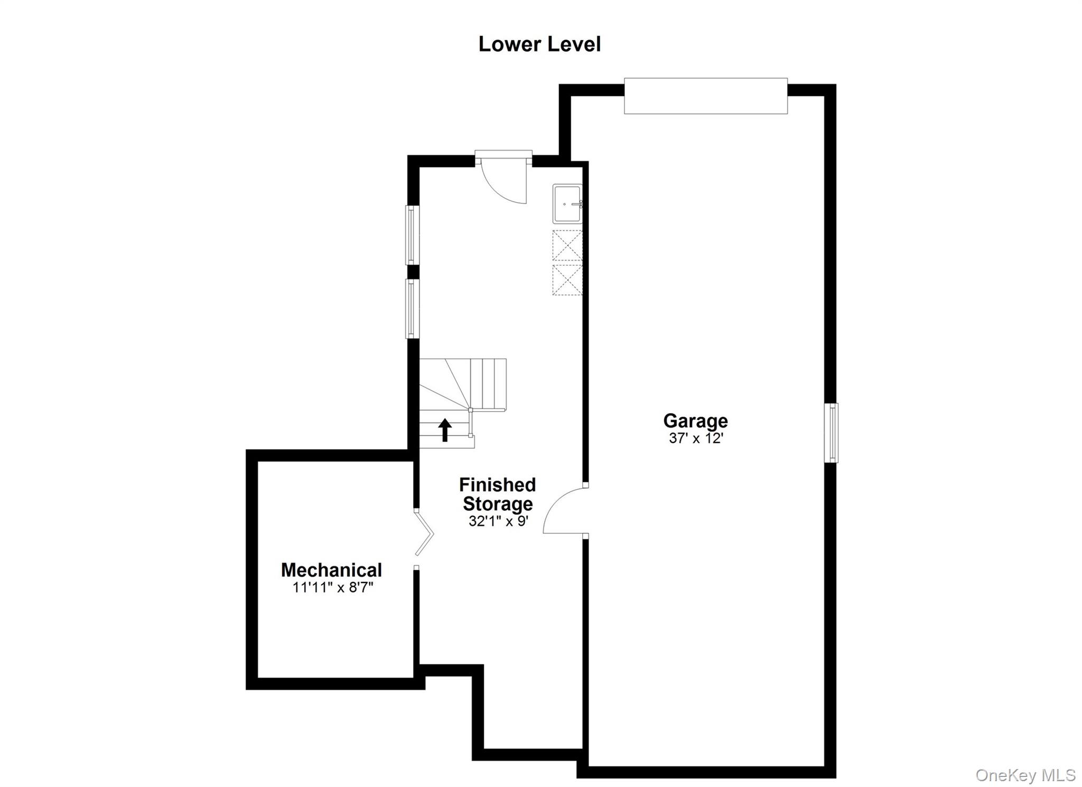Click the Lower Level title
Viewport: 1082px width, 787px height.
pos(539,44)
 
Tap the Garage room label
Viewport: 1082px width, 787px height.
pos(695,421)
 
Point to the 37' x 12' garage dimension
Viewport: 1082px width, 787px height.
pos(695,438)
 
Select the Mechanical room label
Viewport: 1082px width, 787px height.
pos(331,570)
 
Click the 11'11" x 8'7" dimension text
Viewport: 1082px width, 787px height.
pos(333,587)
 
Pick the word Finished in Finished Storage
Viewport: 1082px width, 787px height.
pos(497,485)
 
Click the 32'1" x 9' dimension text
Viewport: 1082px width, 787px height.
pos(498,521)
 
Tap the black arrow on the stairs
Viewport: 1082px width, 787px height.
pos(445,430)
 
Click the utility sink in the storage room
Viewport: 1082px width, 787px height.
pos(567,203)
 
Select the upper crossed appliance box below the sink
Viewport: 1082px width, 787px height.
pos(567,245)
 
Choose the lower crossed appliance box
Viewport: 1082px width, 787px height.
pos(567,280)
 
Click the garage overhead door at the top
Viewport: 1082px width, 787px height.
pos(705,96)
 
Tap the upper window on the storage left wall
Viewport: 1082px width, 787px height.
pos(412,234)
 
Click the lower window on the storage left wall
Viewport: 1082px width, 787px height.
pos(412,308)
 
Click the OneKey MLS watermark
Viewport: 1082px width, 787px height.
pos(1025,775)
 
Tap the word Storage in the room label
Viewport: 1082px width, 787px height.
pos(497,504)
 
